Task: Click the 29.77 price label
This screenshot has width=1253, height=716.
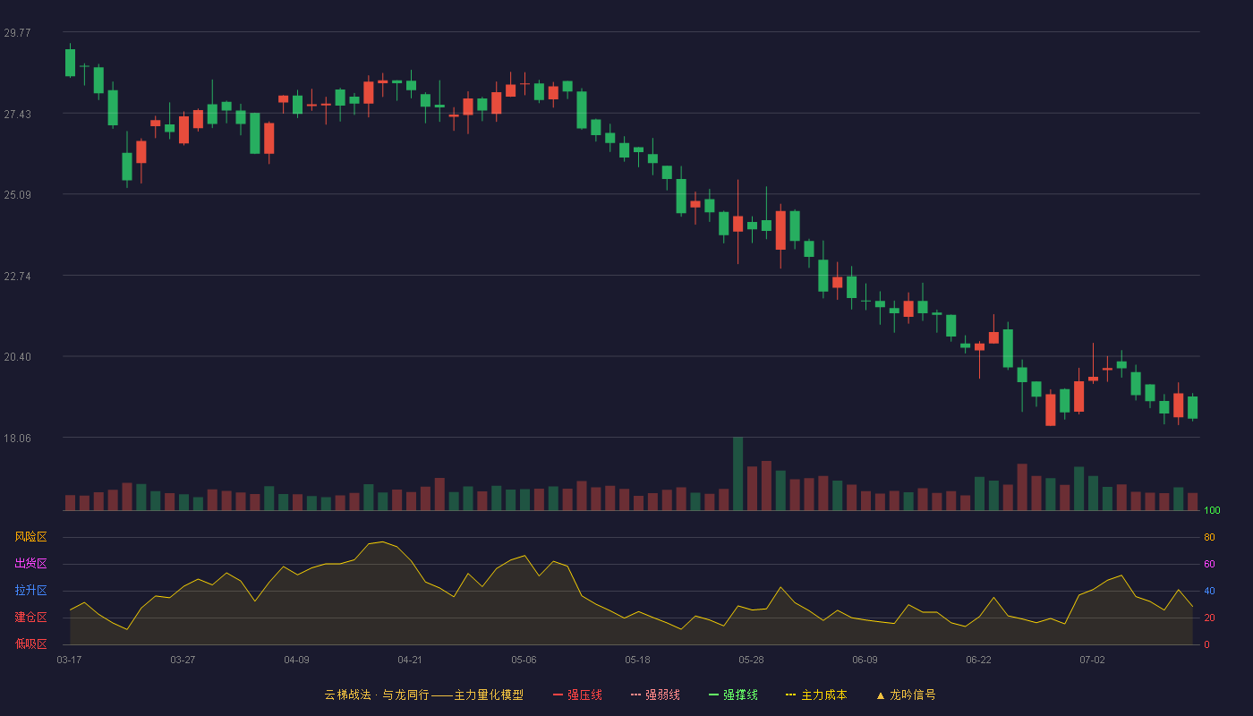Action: pos(17,32)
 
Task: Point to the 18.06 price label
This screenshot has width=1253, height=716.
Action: pos(17,438)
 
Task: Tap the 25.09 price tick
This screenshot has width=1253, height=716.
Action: pos(17,195)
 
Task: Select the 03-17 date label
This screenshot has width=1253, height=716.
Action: pos(70,661)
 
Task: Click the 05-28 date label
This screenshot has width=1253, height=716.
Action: pos(751,661)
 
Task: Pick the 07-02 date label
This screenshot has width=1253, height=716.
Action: pos(1093,661)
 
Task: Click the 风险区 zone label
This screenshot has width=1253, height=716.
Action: pos(30,537)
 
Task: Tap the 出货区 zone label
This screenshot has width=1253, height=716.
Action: pos(30,563)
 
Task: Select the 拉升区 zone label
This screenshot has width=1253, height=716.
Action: pos(30,590)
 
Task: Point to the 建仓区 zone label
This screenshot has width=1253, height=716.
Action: pos(30,617)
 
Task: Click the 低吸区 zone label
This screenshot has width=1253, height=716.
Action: pos(30,644)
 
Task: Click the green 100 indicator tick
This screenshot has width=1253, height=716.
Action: pos(1212,510)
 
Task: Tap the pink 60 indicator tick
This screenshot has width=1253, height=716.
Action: pos(1209,564)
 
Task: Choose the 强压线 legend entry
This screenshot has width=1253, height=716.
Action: pos(577,695)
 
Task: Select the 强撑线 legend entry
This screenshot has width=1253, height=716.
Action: pos(733,695)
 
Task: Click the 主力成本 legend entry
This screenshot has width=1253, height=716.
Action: pos(816,695)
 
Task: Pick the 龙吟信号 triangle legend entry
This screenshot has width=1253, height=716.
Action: pos(906,695)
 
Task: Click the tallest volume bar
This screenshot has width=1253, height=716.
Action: pos(737,473)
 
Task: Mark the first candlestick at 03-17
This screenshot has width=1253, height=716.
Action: pos(70,62)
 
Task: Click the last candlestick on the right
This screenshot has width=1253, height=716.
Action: pos(1192,407)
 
